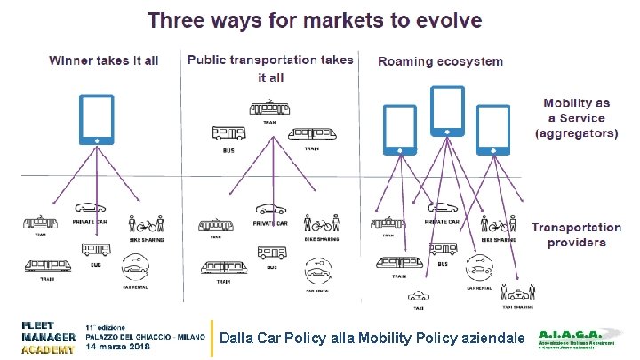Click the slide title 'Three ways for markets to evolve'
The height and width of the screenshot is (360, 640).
[x=315, y=19]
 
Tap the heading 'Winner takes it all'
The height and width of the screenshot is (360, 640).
[x=103, y=60]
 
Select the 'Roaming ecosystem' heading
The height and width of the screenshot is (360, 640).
[x=440, y=62]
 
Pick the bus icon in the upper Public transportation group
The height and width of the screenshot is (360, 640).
[x=228, y=133]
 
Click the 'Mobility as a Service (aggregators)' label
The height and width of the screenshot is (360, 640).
[x=575, y=118]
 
